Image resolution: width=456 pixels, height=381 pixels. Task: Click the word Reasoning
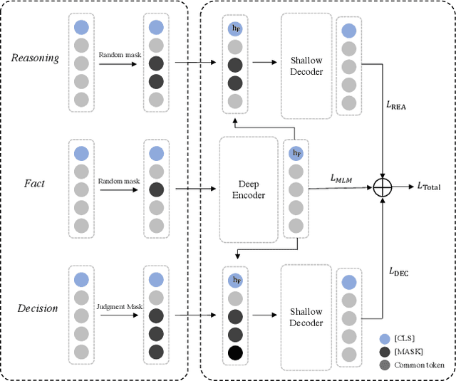point(36,57)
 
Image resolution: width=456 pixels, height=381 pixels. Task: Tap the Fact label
point(34,183)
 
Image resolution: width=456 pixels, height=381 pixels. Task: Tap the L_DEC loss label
point(398,271)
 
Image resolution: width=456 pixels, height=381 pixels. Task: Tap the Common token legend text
point(424,365)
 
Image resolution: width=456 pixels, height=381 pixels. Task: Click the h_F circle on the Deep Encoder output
point(294,153)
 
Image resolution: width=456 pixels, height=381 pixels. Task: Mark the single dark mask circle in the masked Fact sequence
point(155,189)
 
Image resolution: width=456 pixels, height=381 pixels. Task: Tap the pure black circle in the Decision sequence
point(235,352)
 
